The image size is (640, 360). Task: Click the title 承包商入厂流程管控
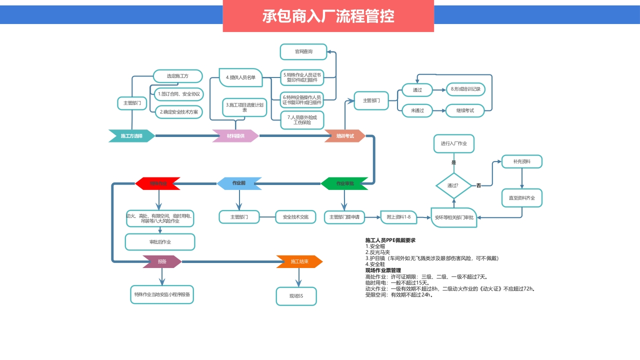328,16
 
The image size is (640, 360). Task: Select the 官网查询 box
303,51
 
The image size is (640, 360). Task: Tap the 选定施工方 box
177,76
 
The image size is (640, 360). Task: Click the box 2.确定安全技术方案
178,112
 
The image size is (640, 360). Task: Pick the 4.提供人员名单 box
241,77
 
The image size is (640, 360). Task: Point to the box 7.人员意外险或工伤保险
302,120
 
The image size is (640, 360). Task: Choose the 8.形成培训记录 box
465,89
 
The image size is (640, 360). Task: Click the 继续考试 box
465,110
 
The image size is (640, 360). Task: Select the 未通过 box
417,110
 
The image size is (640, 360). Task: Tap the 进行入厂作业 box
453,143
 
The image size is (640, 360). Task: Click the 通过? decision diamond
453,185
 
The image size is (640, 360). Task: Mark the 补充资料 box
522,161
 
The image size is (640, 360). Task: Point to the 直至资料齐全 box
522,198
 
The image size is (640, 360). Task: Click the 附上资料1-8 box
398,217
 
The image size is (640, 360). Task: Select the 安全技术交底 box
295,217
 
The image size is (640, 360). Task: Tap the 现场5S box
296,296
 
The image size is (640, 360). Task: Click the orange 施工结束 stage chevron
299,261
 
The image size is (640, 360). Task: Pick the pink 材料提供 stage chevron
235,136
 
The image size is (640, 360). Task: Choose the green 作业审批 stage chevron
344,184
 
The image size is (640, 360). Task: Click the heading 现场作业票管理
383,270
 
